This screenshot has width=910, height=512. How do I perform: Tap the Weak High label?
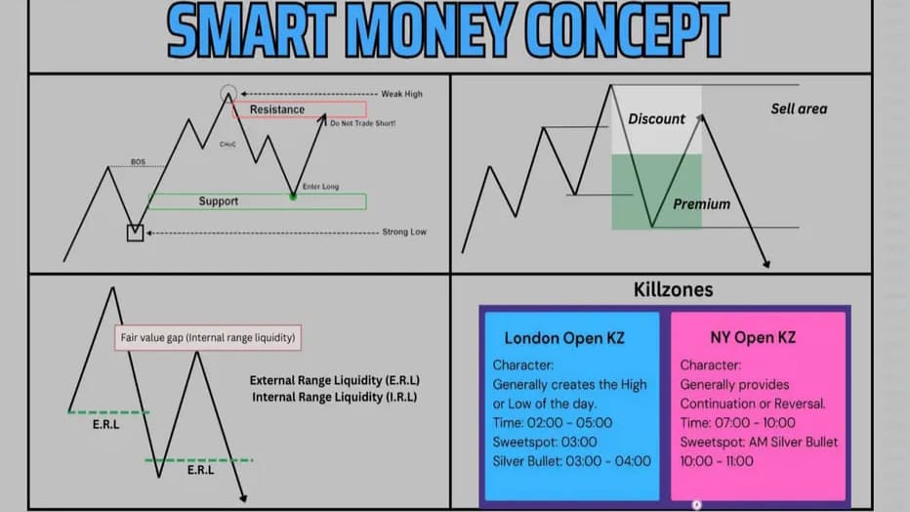(x=401, y=94)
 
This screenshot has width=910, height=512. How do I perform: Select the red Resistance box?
(x=300, y=109)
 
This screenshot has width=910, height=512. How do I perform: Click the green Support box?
(x=257, y=201)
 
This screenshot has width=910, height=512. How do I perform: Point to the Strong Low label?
(x=404, y=232)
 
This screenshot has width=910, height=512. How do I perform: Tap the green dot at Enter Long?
(x=293, y=196)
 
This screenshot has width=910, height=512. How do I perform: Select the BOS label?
(x=138, y=162)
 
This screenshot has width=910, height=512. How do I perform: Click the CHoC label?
(x=227, y=144)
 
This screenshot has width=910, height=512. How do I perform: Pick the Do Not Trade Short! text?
(x=362, y=123)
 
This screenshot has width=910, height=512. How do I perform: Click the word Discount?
(x=656, y=119)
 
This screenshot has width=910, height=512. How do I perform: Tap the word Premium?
(x=702, y=204)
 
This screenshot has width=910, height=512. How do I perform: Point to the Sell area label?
(x=799, y=108)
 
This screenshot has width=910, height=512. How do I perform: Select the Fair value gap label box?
(x=208, y=338)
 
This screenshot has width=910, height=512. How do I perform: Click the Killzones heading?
(x=673, y=289)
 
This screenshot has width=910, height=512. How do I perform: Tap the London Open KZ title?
(x=564, y=338)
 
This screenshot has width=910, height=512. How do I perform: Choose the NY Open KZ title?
(x=753, y=338)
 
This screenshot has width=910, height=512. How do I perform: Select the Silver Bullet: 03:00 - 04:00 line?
(x=571, y=461)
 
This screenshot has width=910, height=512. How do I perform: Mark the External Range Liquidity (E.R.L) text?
(x=335, y=381)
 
